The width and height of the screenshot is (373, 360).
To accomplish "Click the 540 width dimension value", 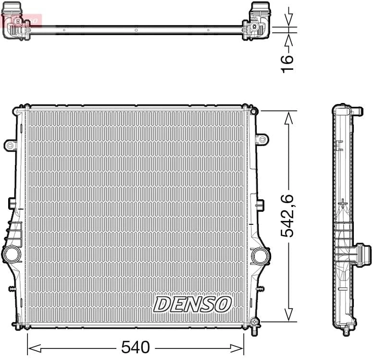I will coord(136,347).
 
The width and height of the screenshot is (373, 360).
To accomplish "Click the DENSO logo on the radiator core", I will coord(193,304).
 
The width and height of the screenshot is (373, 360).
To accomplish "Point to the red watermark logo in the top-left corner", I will coord(21,20).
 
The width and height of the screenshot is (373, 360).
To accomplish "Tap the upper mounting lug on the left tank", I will coord(10,144).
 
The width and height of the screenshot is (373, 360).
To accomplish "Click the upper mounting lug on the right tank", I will coord(261,139).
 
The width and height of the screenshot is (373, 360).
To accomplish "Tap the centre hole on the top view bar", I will coord(136,30).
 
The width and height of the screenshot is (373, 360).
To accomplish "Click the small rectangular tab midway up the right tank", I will coord(260,204).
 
